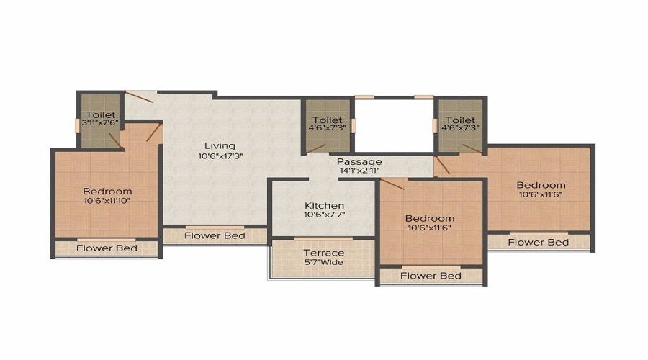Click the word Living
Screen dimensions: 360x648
[214, 145]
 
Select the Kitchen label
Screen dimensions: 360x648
[323, 206]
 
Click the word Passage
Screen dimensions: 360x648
[359, 162]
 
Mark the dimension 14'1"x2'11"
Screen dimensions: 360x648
[359, 172]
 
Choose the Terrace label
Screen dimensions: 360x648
[323, 253]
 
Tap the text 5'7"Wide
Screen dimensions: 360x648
[323, 262]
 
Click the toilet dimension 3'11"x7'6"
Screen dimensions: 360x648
[100, 123]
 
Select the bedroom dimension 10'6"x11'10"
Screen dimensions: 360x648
[107, 201]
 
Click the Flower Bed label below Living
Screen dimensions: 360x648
[215, 235]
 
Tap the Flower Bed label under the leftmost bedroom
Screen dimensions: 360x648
[107, 248]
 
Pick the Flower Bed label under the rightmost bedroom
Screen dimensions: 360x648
[539, 242]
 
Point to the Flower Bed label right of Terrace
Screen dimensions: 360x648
[431, 276]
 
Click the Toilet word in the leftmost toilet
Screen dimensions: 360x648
[100, 114]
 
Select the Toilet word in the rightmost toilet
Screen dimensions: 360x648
[460, 120]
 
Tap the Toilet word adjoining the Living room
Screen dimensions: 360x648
[328, 120]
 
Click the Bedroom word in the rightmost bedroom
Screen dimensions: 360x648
[541, 185]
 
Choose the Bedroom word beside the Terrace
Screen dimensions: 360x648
[429, 218]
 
